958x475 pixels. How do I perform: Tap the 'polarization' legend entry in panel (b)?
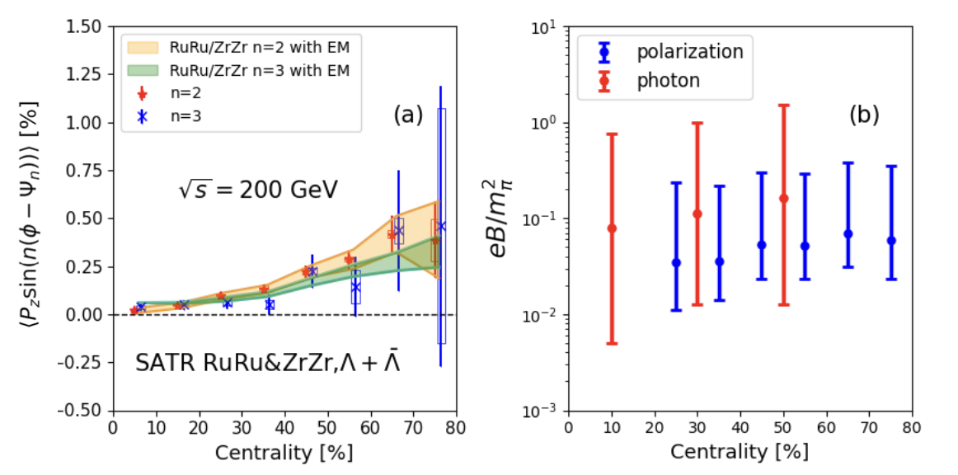[689, 52]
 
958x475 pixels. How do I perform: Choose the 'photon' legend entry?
[668, 80]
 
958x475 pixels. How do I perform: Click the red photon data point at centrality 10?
[612, 228]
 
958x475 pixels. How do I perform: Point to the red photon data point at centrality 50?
[783, 198]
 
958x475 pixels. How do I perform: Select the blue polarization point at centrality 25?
[676, 262]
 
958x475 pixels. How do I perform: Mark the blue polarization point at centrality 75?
[890, 241]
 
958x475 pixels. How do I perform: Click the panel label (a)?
[407, 115]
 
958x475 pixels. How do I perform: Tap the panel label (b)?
[864, 115]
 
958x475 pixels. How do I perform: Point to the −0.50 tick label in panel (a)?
[83, 411]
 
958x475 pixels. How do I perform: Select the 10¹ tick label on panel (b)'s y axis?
[545, 27]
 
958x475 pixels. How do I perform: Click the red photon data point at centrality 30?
[697, 214]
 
